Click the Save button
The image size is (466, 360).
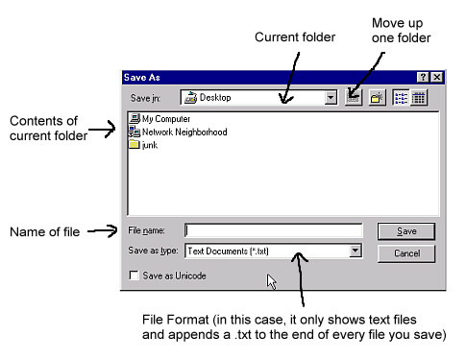click(x=406, y=231)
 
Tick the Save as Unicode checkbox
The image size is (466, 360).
click(x=134, y=276)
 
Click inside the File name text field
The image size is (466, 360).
click(x=274, y=230)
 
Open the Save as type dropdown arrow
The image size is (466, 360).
click(x=355, y=251)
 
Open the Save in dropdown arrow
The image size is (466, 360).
click(x=331, y=98)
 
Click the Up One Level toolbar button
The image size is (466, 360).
click(x=354, y=98)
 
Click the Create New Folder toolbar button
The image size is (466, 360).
click(x=377, y=98)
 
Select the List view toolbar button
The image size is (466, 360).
click(x=401, y=98)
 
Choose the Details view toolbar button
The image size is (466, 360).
click(x=419, y=98)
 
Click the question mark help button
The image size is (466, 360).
click(x=423, y=77)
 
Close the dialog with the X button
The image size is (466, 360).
click(x=437, y=77)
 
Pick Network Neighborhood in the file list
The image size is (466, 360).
click(x=178, y=132)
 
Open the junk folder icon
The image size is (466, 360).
click(x=135, y=144)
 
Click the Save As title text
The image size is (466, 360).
click(x=142, y=78)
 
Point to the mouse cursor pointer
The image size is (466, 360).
click(x=271, y=281)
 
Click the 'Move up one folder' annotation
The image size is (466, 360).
click(x=401, y=31)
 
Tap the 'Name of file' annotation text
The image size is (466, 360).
click(x=45, y=232)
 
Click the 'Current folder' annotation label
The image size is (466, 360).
click(x=295, y=37)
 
